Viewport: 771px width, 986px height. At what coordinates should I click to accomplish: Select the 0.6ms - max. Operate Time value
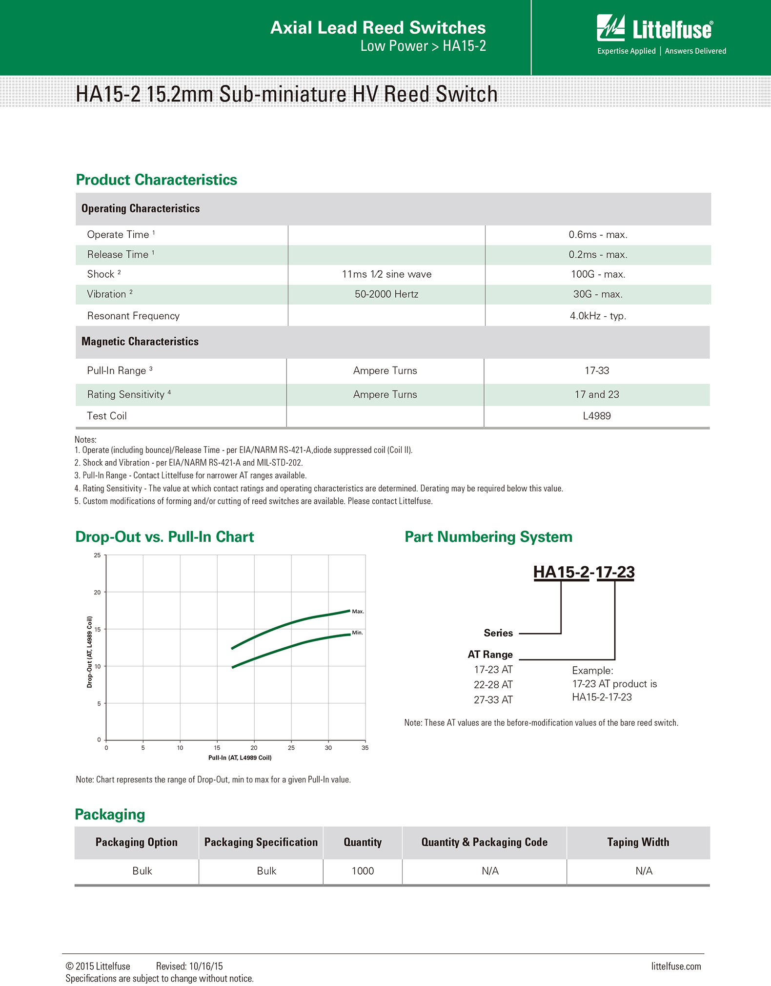(x=598, y=235)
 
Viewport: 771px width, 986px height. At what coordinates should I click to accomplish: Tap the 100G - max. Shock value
(x=598, y=274)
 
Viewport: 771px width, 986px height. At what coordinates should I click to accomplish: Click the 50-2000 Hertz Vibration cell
(x=386, y=294)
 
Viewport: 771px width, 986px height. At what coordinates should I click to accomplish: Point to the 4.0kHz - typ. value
(x=598, y=316)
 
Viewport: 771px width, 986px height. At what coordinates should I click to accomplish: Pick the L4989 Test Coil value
(x=597, y=416)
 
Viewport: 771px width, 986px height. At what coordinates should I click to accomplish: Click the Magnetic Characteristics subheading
(x=140, y=342)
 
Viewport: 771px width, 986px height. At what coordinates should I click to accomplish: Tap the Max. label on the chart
(x=358, y=612)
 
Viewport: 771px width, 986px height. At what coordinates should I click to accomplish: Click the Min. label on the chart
(x=357, y=633)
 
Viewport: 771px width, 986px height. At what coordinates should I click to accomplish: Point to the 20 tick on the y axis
(x=98, y=592)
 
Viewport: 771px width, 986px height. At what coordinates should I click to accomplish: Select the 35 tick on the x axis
(x=365, y=748)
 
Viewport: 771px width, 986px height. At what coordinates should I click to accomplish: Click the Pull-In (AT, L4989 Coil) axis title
(x=240, y=758)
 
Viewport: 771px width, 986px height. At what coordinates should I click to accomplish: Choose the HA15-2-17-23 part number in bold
(x=584, y=572)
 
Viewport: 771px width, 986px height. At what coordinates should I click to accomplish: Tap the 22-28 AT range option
(x=493, y=685)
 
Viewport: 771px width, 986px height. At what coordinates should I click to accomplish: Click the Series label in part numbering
(x=498, y=633)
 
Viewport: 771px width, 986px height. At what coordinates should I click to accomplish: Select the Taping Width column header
(x=638, y=842)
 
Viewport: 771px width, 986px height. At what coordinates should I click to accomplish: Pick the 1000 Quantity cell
(x=363, y=871)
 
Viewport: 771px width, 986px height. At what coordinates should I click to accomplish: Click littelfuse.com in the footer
(x=676, y=966)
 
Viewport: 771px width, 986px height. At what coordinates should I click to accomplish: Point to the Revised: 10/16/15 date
(x=189, y=966)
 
